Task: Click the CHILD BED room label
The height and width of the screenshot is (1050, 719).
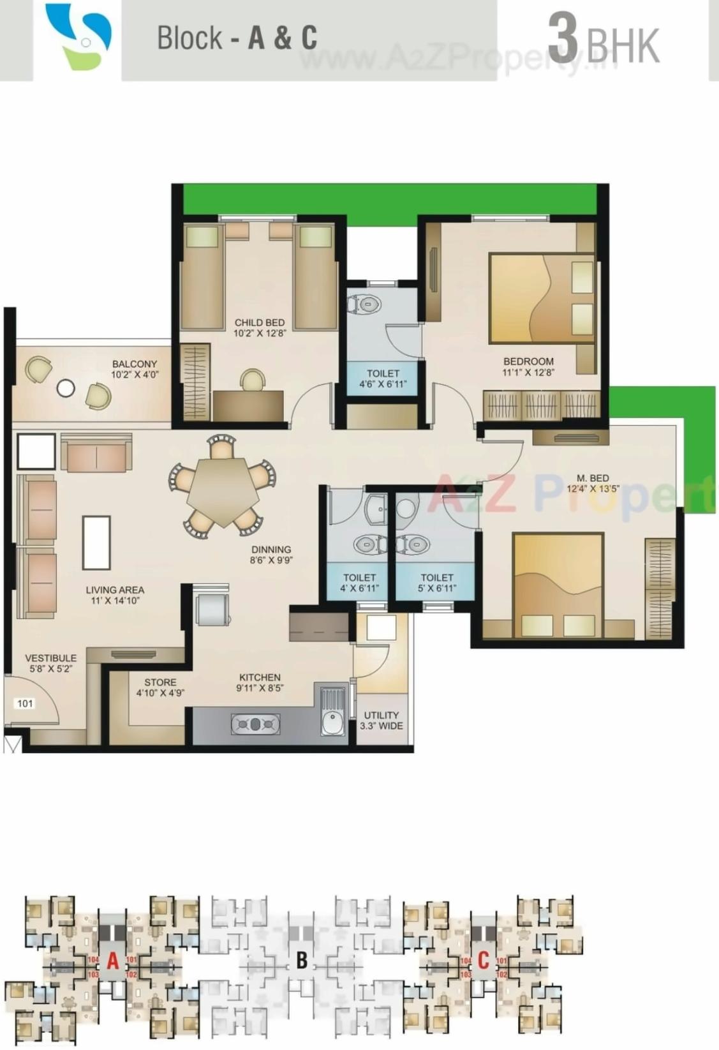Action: click(x=259, y=327)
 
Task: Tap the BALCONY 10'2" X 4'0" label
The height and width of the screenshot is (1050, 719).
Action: click(x=134, y=370)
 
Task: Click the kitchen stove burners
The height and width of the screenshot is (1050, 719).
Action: click(x=255, y=724)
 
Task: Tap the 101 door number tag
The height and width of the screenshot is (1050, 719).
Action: click(x=25, y=703)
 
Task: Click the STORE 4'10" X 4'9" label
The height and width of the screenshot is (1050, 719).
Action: click(x=160, y=687)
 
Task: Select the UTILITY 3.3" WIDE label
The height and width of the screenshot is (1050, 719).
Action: click(x=381, y=720)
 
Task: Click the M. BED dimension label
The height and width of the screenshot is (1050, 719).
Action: click(x=592, y=484)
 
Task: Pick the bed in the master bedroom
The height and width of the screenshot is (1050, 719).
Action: click(x=558, y=585)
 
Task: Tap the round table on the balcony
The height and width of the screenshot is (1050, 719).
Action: click(x=65, y=387)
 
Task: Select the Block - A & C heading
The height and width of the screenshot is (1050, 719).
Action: click(x=237, y=38)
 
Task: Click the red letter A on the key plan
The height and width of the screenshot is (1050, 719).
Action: click(x=113, y=960)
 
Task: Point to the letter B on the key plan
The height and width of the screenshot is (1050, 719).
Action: click(x=302, y=960)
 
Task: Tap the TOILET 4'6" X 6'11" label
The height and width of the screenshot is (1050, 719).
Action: click(x=383, y=379)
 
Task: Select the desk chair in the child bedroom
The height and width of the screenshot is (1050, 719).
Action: click(x=253, y=380)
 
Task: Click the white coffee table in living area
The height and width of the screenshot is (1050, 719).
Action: click(x=96, y=543)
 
